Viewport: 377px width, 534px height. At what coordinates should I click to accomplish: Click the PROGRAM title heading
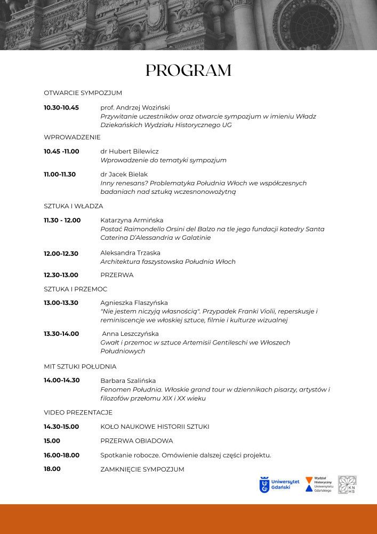188,70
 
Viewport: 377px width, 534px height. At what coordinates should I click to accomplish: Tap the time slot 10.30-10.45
61,108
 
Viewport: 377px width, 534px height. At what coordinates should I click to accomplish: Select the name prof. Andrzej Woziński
135,108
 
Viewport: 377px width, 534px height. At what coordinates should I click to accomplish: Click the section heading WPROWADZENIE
72,137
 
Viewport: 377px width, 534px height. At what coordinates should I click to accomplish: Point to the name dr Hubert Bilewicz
130,152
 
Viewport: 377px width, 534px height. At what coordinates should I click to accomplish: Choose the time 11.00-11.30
60,174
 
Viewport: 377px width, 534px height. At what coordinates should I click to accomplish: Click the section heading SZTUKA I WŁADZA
74,206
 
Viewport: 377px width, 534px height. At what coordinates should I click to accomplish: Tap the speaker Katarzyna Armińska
132,220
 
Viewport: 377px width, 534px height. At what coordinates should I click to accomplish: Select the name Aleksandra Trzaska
130,253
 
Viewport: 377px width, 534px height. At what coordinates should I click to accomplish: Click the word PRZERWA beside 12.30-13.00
117,275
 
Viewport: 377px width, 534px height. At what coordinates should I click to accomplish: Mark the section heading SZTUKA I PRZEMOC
75,289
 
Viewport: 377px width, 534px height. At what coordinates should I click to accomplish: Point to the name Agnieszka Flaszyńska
134,303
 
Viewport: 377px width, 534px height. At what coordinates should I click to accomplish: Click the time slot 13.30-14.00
61,334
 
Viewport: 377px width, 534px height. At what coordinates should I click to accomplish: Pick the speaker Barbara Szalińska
128,381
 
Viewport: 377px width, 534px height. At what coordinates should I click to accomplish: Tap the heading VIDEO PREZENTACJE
78,413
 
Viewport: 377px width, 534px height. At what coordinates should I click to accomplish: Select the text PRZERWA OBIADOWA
137,441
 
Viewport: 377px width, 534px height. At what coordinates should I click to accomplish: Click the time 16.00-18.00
61,456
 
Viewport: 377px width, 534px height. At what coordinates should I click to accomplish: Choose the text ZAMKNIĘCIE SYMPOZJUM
142,469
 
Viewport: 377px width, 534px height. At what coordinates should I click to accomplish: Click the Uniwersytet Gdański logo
279,484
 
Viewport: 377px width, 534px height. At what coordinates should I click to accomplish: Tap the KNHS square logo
347,484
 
